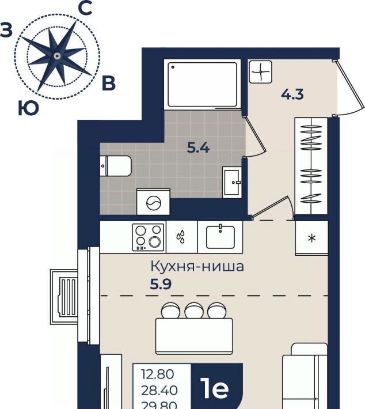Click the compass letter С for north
(x=85, y=8)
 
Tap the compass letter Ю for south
(x=28, y=108)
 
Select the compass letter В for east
(x=108, y=84)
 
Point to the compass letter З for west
(x=6, y=29)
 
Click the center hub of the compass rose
(x=57, y=56)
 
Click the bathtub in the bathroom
(x=202, y=84)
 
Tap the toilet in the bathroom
(x=116, y=166)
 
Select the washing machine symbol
(x=154, y=202)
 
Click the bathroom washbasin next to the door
(x=232, y=183)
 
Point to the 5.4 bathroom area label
(x=199, y=148)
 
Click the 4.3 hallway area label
(x=292, y=94)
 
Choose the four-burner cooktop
(x=149, y=237)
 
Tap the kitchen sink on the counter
(x=220, y=237)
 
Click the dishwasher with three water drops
(x=182, y=237)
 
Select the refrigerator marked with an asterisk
(x=311, y=238)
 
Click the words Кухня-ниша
(x=197, y=267)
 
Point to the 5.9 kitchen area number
(x=161, y=284)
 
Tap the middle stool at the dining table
(x=194, y=310)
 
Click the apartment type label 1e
(x=215, y=389)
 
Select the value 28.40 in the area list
(x=159, y=391)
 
